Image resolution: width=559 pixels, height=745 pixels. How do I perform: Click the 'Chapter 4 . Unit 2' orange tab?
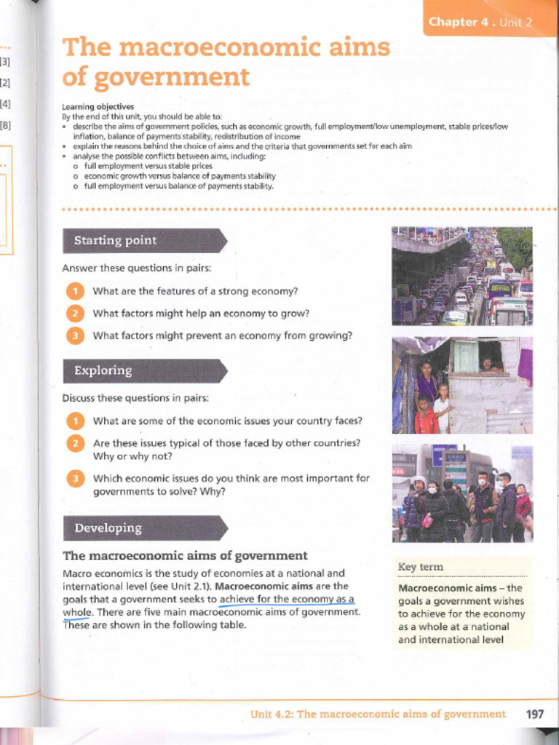click(480, 22)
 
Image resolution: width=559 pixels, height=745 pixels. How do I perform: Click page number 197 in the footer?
click(534, 714)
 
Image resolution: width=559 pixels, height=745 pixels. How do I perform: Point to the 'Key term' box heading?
click(421, 567)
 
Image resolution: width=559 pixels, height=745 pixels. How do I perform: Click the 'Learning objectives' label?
click(98, 106)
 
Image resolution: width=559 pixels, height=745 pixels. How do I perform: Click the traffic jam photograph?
click(461, 276)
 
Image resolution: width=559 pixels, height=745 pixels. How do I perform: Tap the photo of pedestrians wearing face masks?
click(461, 493)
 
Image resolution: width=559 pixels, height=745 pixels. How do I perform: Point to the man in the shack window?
click(486, 363)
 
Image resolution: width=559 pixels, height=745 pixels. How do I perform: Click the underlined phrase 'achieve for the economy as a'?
click(287, 599)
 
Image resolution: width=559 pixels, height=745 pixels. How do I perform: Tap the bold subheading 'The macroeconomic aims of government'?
click(185, 556)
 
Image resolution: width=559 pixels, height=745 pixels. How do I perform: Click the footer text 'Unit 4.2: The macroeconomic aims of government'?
click(378, 714)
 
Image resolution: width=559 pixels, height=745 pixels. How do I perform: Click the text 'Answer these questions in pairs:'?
click(136, 268)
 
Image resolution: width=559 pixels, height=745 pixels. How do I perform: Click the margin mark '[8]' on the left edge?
click(6, 125)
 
